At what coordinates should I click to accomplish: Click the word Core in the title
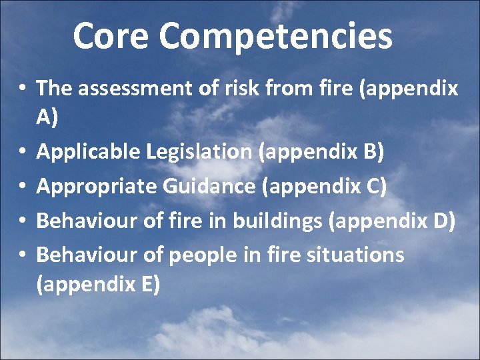tap(111, 36)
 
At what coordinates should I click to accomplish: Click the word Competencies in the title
tap(275, 37)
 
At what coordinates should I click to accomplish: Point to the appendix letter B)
tap(372, 153)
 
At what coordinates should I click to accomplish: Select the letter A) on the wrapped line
tap(47, 118)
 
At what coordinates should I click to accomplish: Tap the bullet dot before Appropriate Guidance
tap(23, 187)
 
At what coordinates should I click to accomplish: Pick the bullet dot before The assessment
tap(23, 89)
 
